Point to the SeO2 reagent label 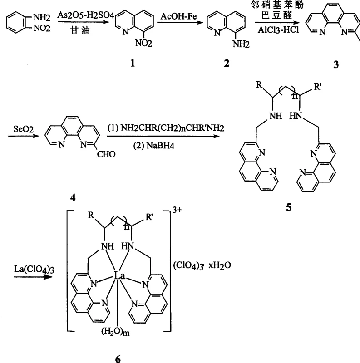(x=18, y=123)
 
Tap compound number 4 (x=73, y=198)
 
